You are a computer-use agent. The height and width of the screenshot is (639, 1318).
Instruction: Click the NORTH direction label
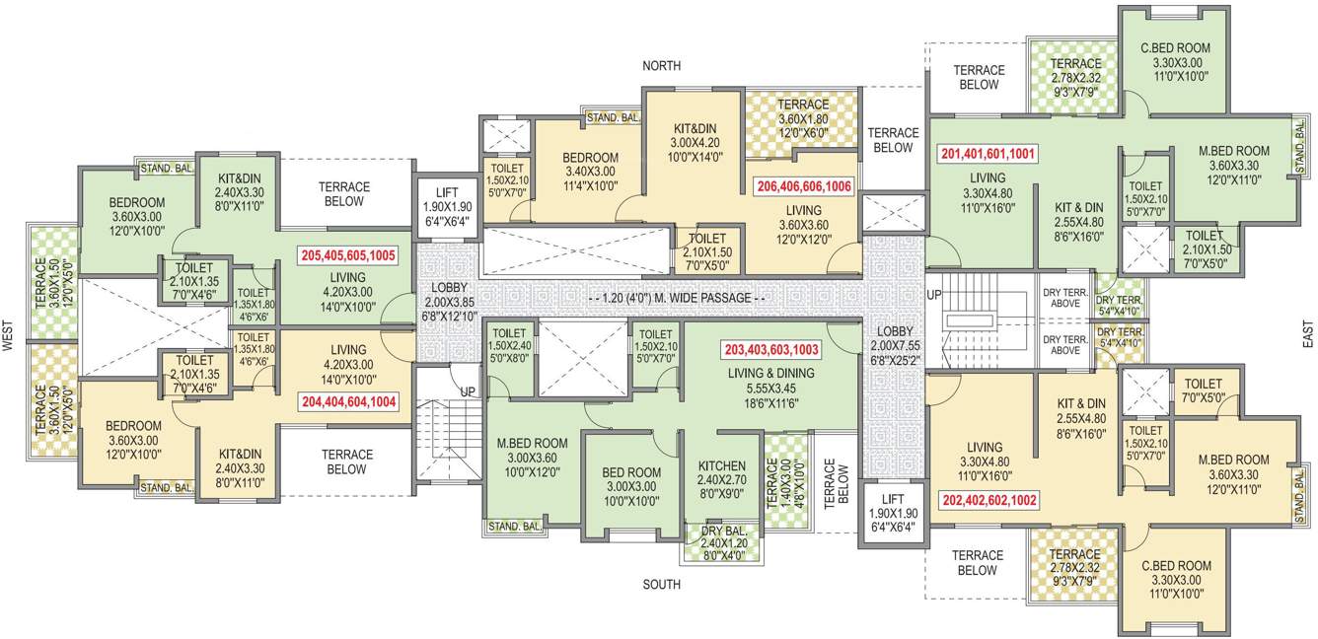(x=661, y=66)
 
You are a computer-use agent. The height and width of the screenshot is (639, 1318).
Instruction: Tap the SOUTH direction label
(x=661, y=585)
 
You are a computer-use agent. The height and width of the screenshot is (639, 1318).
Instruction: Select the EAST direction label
(x=1307, y=335)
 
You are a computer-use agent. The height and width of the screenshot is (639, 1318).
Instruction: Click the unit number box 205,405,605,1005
(x=348, y=255)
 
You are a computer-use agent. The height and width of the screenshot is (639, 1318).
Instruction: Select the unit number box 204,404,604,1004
(x=348, y=401)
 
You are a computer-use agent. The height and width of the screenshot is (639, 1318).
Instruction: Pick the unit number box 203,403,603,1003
(x=771, y=349)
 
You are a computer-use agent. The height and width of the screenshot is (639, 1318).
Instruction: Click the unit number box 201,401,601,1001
(x=988, y=154)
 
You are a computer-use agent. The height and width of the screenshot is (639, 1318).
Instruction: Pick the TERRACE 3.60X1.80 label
(x=802, y=117)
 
